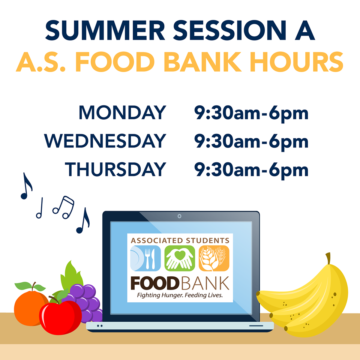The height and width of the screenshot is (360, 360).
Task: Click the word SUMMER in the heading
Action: (105, 30)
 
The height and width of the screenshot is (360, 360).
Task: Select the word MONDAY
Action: (122, 112)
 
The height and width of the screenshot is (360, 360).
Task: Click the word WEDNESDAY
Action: (105, 141)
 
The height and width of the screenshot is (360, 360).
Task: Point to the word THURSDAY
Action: (115, 169)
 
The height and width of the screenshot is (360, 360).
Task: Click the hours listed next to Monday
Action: (251, 113)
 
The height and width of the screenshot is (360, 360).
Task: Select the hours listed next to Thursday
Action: (251, 170)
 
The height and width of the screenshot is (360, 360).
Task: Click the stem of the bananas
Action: (328, 258)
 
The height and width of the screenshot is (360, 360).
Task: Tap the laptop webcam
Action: (180, 216)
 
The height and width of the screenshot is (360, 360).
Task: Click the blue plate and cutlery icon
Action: (145, 258)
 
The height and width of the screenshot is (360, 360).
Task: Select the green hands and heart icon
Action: (180, 258)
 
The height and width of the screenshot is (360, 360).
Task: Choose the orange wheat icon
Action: (214, 258)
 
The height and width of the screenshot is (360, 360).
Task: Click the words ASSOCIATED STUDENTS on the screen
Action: (180, 240)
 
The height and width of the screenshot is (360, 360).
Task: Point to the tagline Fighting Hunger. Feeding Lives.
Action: (180, 295)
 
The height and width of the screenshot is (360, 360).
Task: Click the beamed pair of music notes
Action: (63, 207)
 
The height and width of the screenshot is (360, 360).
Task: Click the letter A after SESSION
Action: (304, 30)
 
